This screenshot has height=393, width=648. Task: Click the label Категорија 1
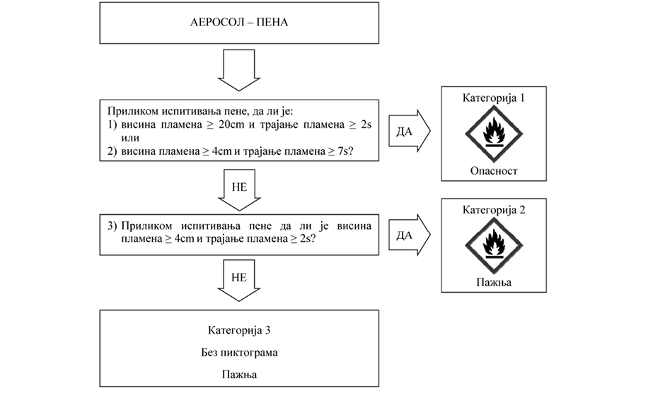pos(494,98)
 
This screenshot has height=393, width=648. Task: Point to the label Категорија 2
pos(494,210)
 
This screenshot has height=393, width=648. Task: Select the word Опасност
pos(494,171)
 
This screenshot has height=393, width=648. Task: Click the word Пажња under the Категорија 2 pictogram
pos(494,282)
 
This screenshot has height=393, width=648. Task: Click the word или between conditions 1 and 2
pos(129,137)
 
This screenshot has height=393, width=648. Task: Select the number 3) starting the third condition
pos(112,227)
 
